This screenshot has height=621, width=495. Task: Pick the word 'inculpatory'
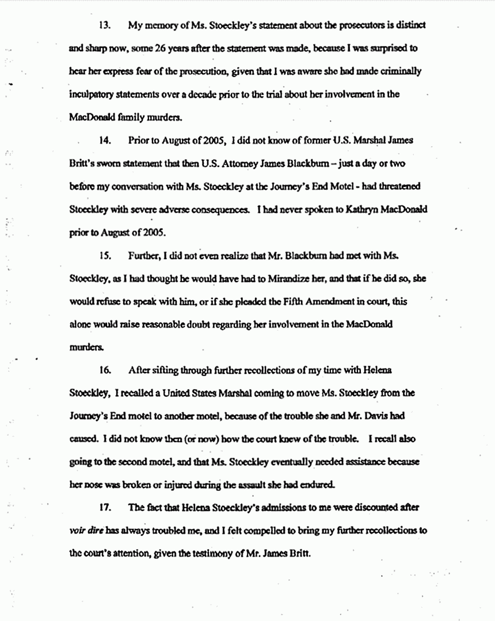tap(90, 94)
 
